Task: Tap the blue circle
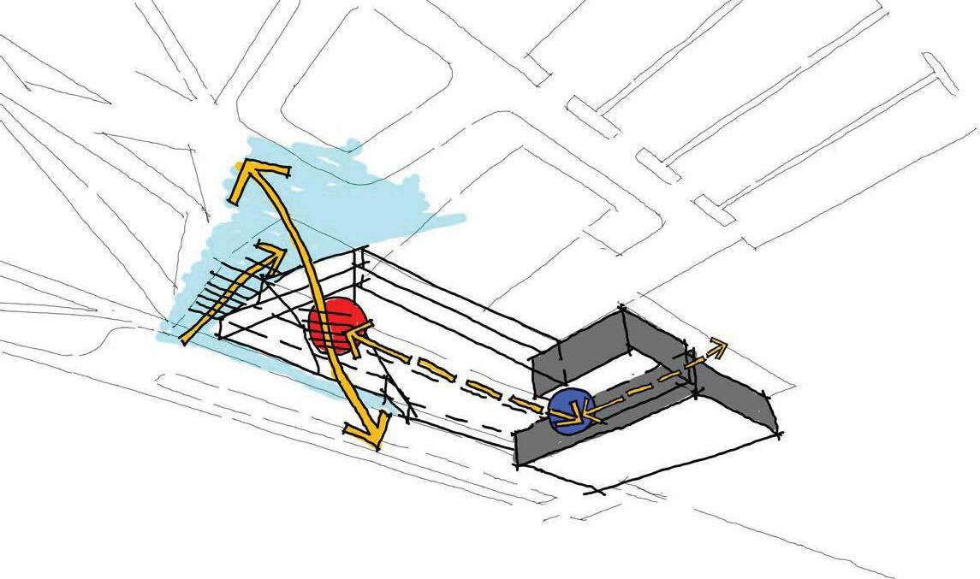(x=570, y=411)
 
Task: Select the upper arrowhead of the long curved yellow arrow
(x=248, y=175)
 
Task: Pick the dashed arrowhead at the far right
(x=718, y=346)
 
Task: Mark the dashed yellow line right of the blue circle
(x=650, y=381)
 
